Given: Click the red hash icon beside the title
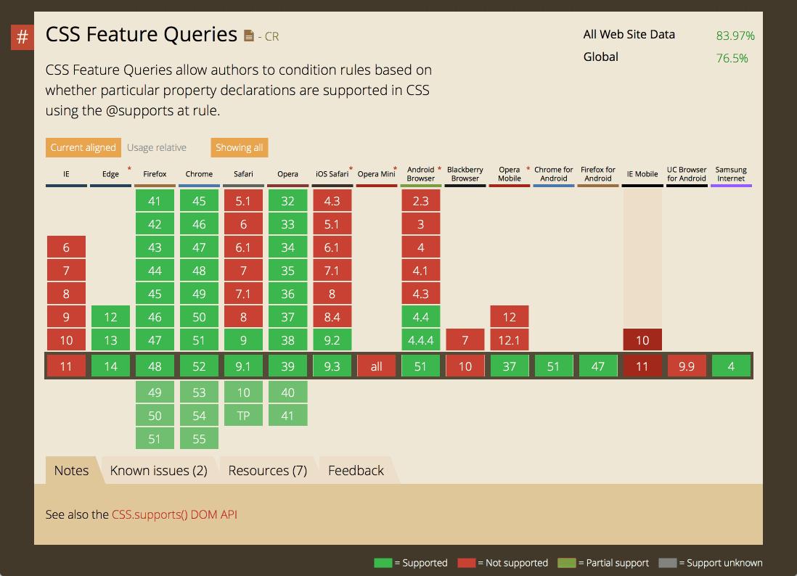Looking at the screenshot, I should tap(23, 37).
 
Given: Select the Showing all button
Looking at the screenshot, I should tap(239, 147).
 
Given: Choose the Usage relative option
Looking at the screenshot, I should tap(157, 147).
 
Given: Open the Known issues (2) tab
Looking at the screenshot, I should tap(158, 470).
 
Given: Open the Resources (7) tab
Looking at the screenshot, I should tap(267, 470).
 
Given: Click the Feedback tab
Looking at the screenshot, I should tap(356, 470).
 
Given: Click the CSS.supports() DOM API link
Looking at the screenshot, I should tap(174, 514).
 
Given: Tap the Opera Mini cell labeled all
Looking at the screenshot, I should tap(376, 366).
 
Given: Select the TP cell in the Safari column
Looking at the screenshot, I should tap(243, 416).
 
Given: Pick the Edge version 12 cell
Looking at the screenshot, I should tap(110, 317).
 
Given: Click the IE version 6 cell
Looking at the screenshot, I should tap(66, 247).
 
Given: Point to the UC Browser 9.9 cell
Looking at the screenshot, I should tap(687, 366).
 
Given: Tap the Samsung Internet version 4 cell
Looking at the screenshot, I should tap(731, 366).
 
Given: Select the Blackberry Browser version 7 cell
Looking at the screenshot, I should tap(465, 340).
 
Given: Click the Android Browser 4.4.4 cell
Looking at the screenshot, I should tap(420, 340).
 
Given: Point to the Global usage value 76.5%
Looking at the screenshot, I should tap(732, 58).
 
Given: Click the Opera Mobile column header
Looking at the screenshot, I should tap(509, 174).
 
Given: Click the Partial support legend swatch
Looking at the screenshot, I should tap(566, 563).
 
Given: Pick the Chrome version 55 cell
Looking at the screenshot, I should tap(199, 439).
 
